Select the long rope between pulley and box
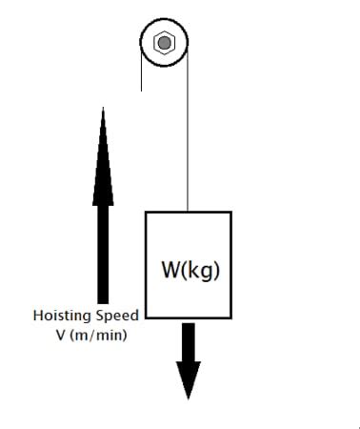(188, 133)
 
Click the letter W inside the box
(171, 270)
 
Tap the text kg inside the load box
(205, 271)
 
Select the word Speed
(117, 316)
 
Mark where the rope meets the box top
(188, 211)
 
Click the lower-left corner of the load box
(146, 320)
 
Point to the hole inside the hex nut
(164, 43)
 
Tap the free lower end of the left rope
(141, 90)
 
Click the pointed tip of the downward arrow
(189, 398)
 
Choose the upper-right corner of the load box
(230, 212)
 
